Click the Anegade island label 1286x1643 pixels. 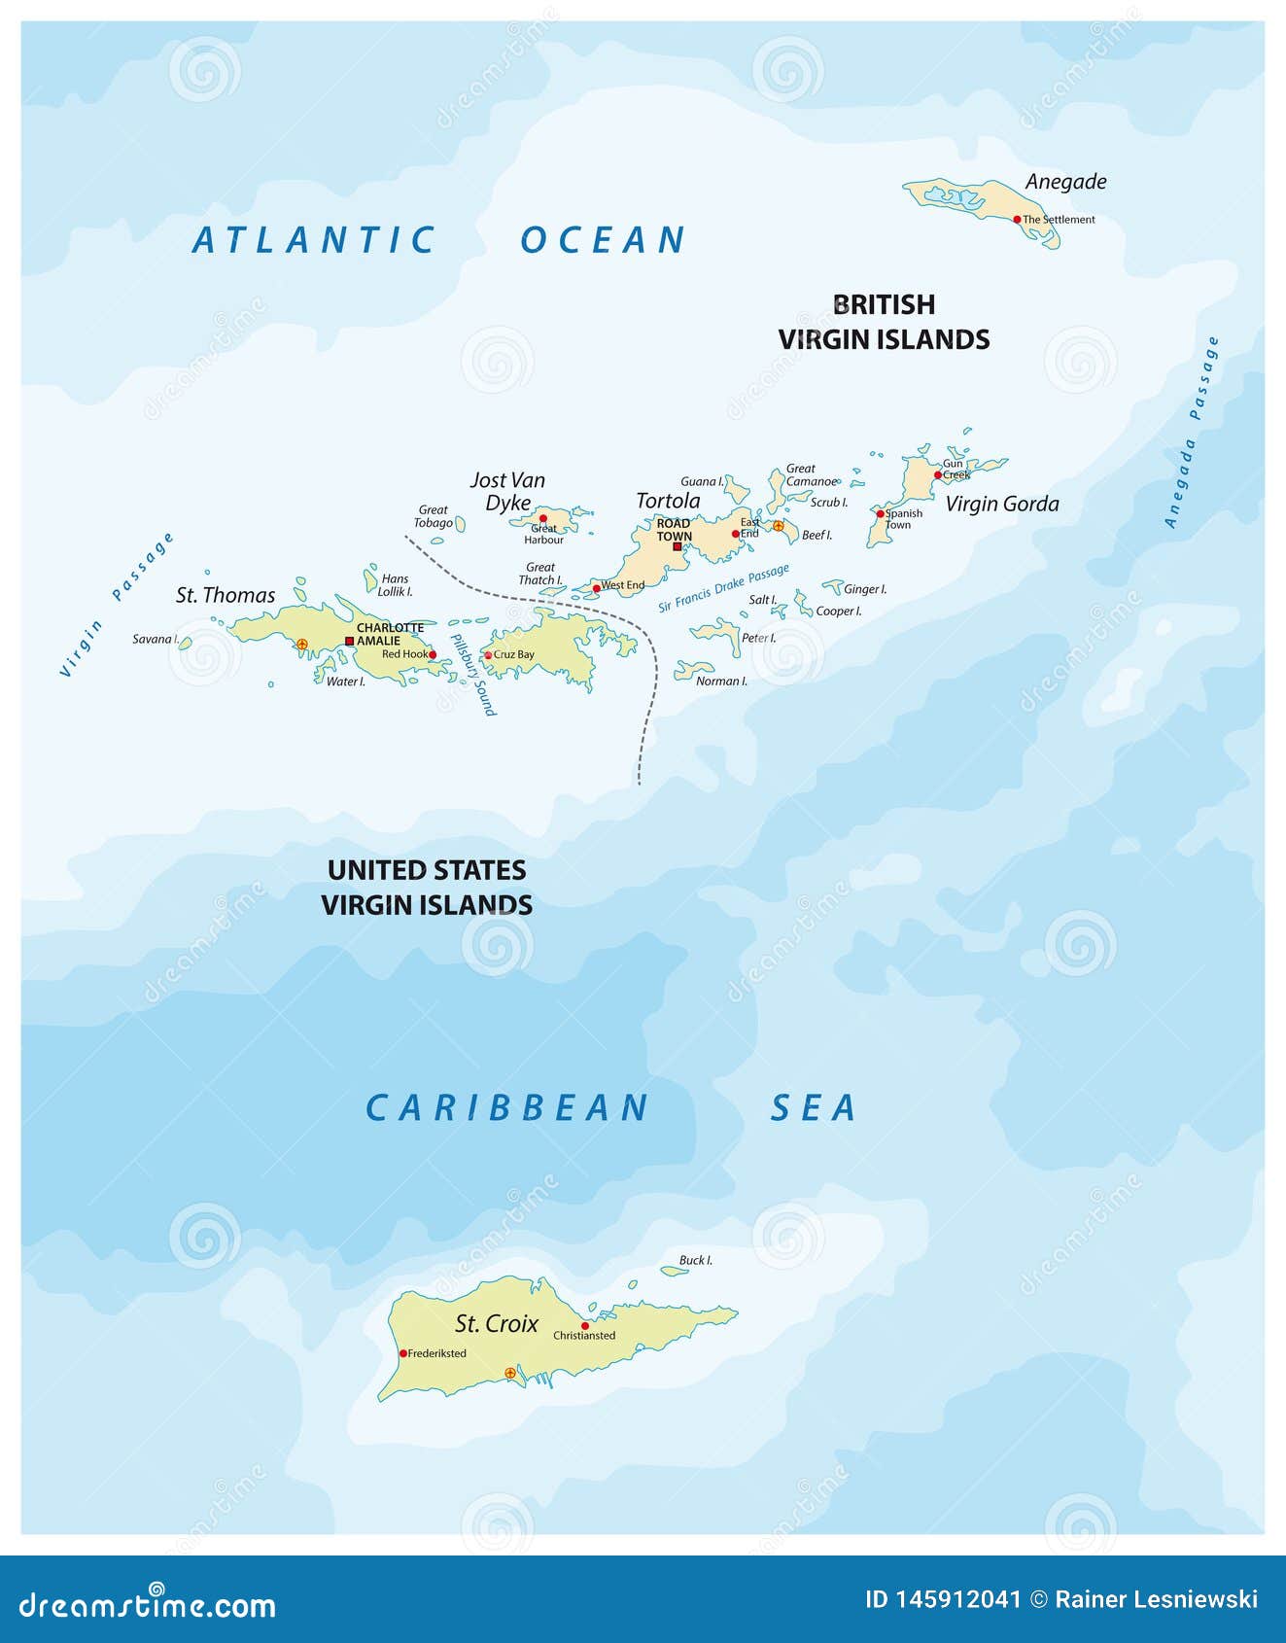coord(1065,182)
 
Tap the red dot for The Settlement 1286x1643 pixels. coord(1017,220)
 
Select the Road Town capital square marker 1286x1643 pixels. coord(678,546)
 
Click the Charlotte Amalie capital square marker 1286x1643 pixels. coord(350,641)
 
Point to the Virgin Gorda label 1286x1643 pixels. coord(1001,504)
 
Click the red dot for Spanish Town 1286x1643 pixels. coord(881,513)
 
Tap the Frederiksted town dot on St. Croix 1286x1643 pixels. coord(403,1353)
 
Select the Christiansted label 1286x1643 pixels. coord(584,1336)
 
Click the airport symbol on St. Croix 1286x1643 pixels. coord(510,1373)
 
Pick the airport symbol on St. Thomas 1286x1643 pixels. coord(301,644)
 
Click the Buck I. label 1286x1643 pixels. coord(695,1260)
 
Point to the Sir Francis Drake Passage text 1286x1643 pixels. coord(723,588)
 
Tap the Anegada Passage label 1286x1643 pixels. coord(1192,433)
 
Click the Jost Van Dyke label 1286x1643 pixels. coord(507,491)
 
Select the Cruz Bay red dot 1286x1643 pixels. coord(488,655)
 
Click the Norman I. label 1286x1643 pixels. coord(721,682)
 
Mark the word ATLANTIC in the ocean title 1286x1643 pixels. coord(313,240)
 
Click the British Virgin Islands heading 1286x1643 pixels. coord(884,322)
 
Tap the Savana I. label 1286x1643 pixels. coord(155,640)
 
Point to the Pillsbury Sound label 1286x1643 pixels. coord(473,675)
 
